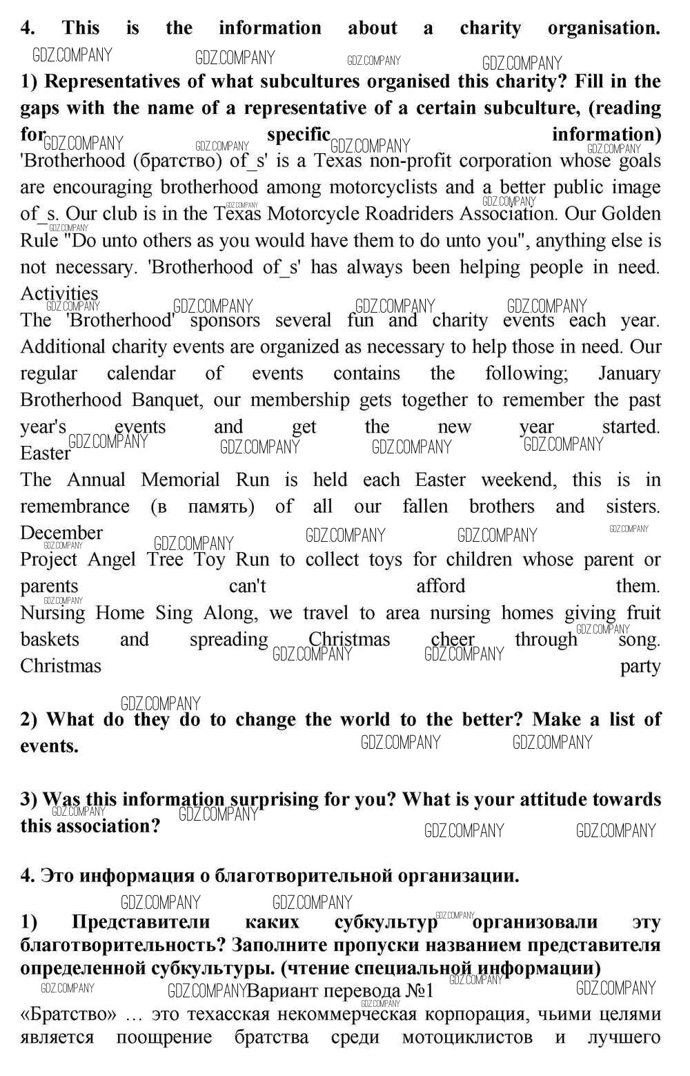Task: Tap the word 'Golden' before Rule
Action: click(631, 214)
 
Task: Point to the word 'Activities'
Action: click(59, 293)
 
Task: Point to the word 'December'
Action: click(61, 533)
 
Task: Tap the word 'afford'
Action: click(440, 586)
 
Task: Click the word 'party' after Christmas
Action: click(640, 667)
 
